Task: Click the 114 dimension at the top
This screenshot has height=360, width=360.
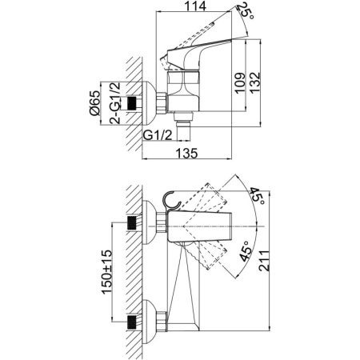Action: click(195, 6)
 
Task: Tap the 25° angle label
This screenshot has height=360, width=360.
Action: click(246, 11)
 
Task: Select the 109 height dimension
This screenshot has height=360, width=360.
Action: click(240, 83)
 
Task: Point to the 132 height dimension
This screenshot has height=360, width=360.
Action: click(254, 83)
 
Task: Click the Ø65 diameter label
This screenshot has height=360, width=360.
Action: click(94, 103)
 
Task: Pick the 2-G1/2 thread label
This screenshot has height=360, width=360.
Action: click(115, 103)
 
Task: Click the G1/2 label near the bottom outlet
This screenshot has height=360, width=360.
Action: click(158, 135)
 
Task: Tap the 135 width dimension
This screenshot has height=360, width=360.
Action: click(186, 154)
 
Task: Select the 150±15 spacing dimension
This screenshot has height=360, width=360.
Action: click(106, 272)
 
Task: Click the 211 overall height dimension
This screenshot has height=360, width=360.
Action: click(265, 261)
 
